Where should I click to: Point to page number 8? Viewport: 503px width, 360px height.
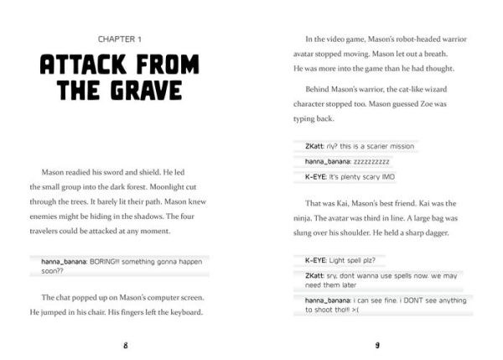point(125,344)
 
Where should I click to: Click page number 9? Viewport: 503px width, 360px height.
point(378,344)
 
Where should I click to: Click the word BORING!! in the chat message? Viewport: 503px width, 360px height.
point(99,261)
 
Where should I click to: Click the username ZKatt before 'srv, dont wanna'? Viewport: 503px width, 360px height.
point(315,274)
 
